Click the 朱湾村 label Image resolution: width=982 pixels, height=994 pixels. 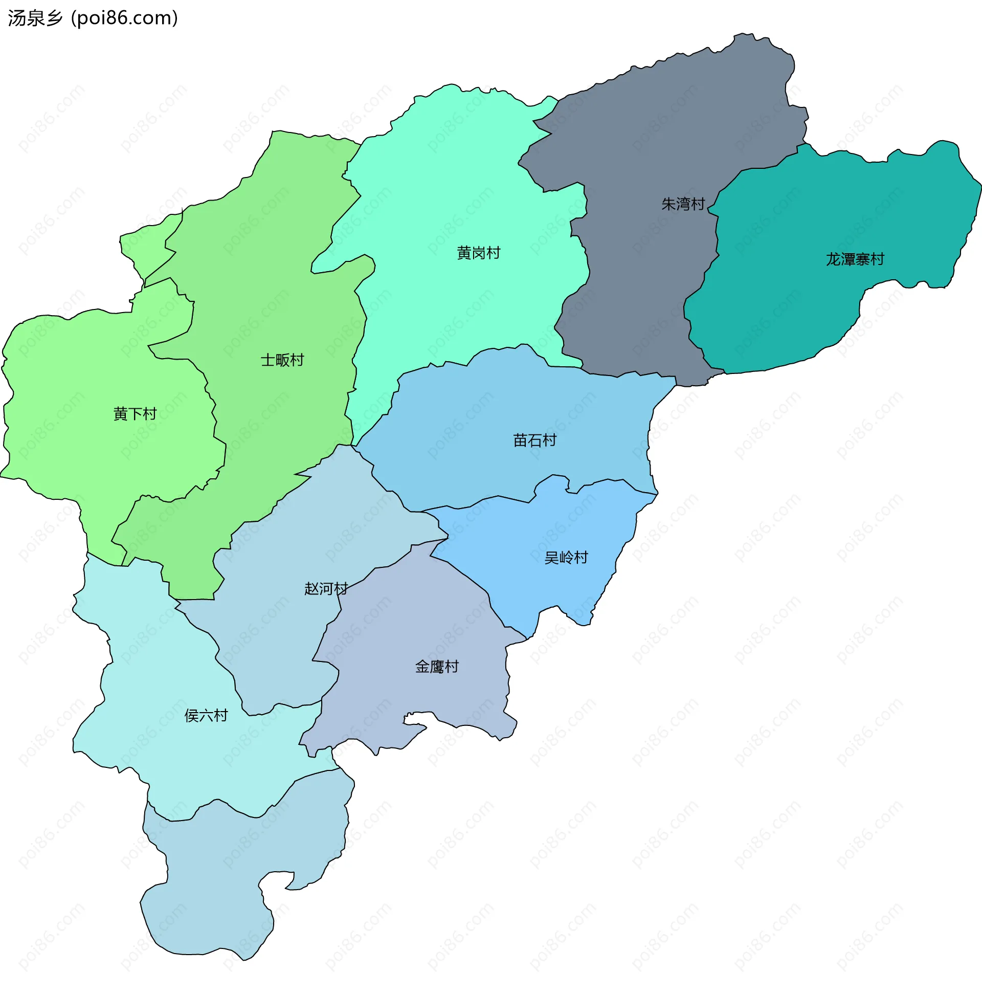[x=683, y=204]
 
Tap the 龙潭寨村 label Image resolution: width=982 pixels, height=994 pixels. [x=855, y=259]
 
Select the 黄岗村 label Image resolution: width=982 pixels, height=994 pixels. [x=478, y=253]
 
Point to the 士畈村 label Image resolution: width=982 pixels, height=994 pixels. [x=282, y=360]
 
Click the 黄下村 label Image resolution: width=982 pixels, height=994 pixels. [x=135, y=414]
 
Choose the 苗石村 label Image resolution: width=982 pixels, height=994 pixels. [x=534, y=440]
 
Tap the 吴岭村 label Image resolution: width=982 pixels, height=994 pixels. [x=566, y=558]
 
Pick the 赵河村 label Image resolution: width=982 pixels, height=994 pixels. [x=326, y=589]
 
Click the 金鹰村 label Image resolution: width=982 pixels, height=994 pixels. [x=437, y=667]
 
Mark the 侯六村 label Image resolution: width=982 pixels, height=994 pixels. [x=206, y=716]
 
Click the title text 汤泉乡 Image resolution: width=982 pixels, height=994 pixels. [x=35, y=18]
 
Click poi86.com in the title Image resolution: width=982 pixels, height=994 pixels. [x=124, y=18]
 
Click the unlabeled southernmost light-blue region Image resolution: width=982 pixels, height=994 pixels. [x=216, y=885]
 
